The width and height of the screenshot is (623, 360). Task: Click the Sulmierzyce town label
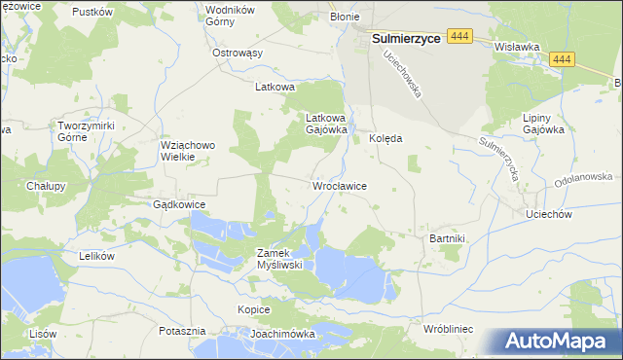pyautogui.click(x=406, y=39)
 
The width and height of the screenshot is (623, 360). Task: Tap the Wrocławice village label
pyautogui.click(x=338, y=185)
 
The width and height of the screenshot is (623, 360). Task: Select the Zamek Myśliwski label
pyautogui.click(x=280, y=258)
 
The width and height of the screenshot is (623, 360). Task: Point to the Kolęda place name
pyautogui.click(x=385, y=138)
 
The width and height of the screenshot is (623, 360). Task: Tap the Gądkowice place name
pyautogui.click(x=178, y=205)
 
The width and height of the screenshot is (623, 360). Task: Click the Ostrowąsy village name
pyautogui.click(x=238, y=53)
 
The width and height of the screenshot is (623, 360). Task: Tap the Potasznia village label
pyautogui.click(x=182, y=331)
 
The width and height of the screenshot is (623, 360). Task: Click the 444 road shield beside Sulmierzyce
pyautogui.click(x=461, y=35)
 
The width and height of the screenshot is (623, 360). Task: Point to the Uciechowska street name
pyautogui.click(x=402, y=74)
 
